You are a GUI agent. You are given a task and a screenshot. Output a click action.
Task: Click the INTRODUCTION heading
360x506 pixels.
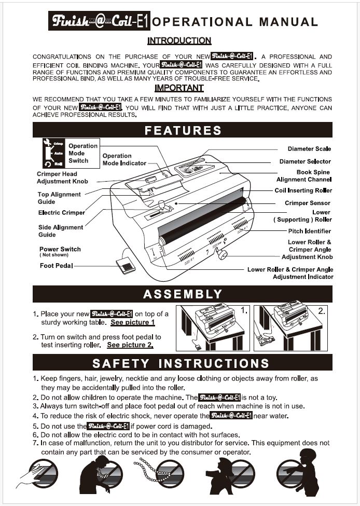point(179,40)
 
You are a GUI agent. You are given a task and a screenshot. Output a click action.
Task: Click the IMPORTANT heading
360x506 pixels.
point(179,88)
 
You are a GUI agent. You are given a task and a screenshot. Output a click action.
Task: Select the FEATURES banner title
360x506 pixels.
point(183,130)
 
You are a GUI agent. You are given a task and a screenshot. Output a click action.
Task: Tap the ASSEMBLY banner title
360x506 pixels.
point(183,294)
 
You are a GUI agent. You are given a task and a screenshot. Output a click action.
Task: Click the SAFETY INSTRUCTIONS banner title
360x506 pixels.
point(181,363)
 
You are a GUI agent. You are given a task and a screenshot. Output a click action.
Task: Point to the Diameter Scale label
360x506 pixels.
point(309,149)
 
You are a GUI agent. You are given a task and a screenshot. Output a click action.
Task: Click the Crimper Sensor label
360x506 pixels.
point(307,203)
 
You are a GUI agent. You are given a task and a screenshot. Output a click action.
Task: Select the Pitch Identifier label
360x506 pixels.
point(309,231)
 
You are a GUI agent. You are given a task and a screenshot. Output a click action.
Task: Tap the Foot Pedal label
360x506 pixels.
point(57,266)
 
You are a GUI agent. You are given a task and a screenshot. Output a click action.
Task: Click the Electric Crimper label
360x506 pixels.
point(62,213)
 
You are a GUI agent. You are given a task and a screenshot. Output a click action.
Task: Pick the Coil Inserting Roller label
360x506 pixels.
point(303,190)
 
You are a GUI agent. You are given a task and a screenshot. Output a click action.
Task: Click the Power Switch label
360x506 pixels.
point(60,249)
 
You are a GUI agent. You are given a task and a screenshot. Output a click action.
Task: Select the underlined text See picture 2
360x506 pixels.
point(130,345)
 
